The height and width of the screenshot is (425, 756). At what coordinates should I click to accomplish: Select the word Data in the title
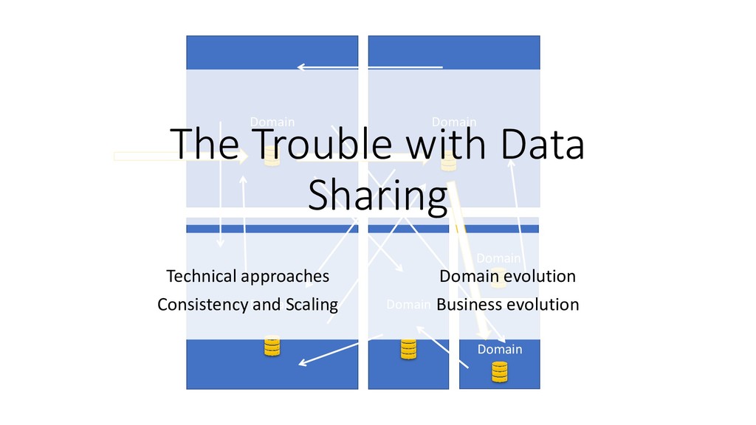coord(541,145)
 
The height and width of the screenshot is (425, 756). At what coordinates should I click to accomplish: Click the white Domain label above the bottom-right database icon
coord(499,349)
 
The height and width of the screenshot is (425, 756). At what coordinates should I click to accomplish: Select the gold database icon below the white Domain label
coord(500,371)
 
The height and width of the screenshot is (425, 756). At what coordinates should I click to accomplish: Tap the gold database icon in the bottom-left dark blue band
coord(272,347)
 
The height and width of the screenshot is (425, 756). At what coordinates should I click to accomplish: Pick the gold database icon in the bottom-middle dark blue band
coord(408,349)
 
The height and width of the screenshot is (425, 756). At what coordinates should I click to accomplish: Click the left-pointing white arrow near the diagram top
coord(369,67)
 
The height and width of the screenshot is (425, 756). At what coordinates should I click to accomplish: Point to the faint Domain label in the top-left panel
coord(272,122)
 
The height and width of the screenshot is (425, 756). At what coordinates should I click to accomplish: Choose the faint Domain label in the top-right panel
coord(453,122)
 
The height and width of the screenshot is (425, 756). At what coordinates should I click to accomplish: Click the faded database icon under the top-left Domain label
coord(272,155)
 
